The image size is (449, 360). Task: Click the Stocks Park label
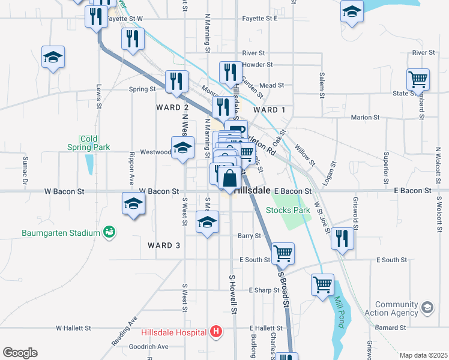(x=288, y=210)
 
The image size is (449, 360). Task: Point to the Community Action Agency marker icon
(x=427, y=308)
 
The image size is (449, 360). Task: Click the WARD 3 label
(x=164, y=245)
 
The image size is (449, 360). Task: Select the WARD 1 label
(x=270, y=110)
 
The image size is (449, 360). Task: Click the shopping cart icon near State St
(x=418, y=79)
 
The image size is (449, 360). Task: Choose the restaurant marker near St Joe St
(x=342, y=238)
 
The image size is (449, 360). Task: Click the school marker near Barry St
(x=207, y=223)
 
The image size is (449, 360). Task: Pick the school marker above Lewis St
(x=53, y=58)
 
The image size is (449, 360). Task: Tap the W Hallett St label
(x=73, y=328)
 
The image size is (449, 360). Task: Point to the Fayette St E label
(x=259, y=19)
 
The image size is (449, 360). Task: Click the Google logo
(x=20, y=353)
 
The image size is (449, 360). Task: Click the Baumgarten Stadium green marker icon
(x=109, y=231)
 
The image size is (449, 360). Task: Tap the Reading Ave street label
(x=124, y=331)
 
